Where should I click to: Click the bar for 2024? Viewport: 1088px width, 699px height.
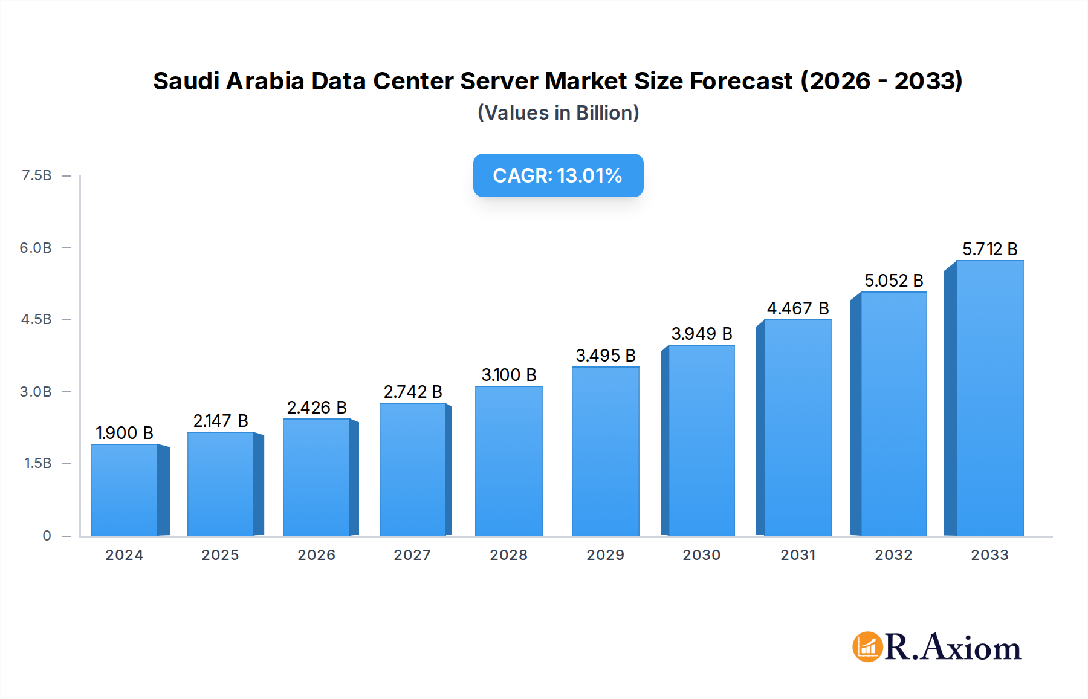click(x=125, y=490)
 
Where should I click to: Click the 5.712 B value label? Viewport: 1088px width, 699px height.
click(x=989, y=249)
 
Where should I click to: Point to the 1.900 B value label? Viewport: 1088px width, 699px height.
click(x=125, y=433)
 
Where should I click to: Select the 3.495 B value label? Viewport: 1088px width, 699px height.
click(x=605, y=356)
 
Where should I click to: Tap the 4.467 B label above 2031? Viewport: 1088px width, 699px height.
click(x=797, y=308)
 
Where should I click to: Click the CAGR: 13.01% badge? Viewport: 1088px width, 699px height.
click(x=558, y=175)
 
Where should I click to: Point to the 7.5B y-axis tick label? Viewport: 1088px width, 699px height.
click(x=36, y=175)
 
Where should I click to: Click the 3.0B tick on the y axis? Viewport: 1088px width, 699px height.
click(x=36, y=392)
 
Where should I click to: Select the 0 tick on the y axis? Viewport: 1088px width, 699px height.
click(x=47, y=536)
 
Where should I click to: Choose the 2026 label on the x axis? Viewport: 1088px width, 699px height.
click(x=316, y=555)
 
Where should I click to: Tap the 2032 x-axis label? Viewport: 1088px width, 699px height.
click(x=893, y=555)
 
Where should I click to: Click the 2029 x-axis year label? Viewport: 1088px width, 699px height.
click(x=605, y=555)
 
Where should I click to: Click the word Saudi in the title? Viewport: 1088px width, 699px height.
click(x=186, y=81)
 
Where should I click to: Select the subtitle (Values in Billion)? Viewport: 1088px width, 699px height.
click(x=558, y=113)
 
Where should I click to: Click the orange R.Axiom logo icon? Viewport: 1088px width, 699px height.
click(x=867, y=647)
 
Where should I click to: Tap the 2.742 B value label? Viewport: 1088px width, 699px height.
click(x=413, y=392)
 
